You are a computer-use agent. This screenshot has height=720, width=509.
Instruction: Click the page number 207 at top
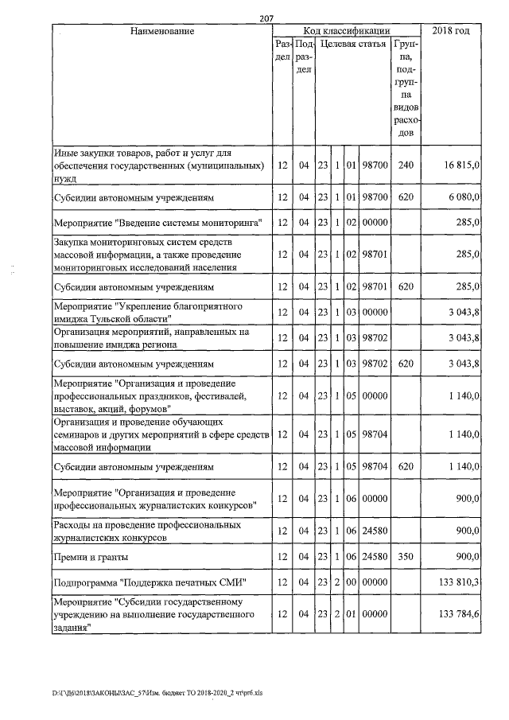(267, 18)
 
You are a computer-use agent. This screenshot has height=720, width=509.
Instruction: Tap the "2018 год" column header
(450, 31)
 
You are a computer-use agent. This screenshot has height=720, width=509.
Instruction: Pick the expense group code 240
(406, 165)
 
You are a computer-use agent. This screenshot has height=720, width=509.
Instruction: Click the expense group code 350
(406, 555)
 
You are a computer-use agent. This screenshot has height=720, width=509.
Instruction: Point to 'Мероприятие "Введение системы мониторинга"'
(157, 222)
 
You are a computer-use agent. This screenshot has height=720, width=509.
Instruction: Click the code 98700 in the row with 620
(374, 196)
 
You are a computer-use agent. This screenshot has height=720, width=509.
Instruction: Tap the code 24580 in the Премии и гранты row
(374, 555)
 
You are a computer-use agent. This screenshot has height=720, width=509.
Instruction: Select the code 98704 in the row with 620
(374, 465)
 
